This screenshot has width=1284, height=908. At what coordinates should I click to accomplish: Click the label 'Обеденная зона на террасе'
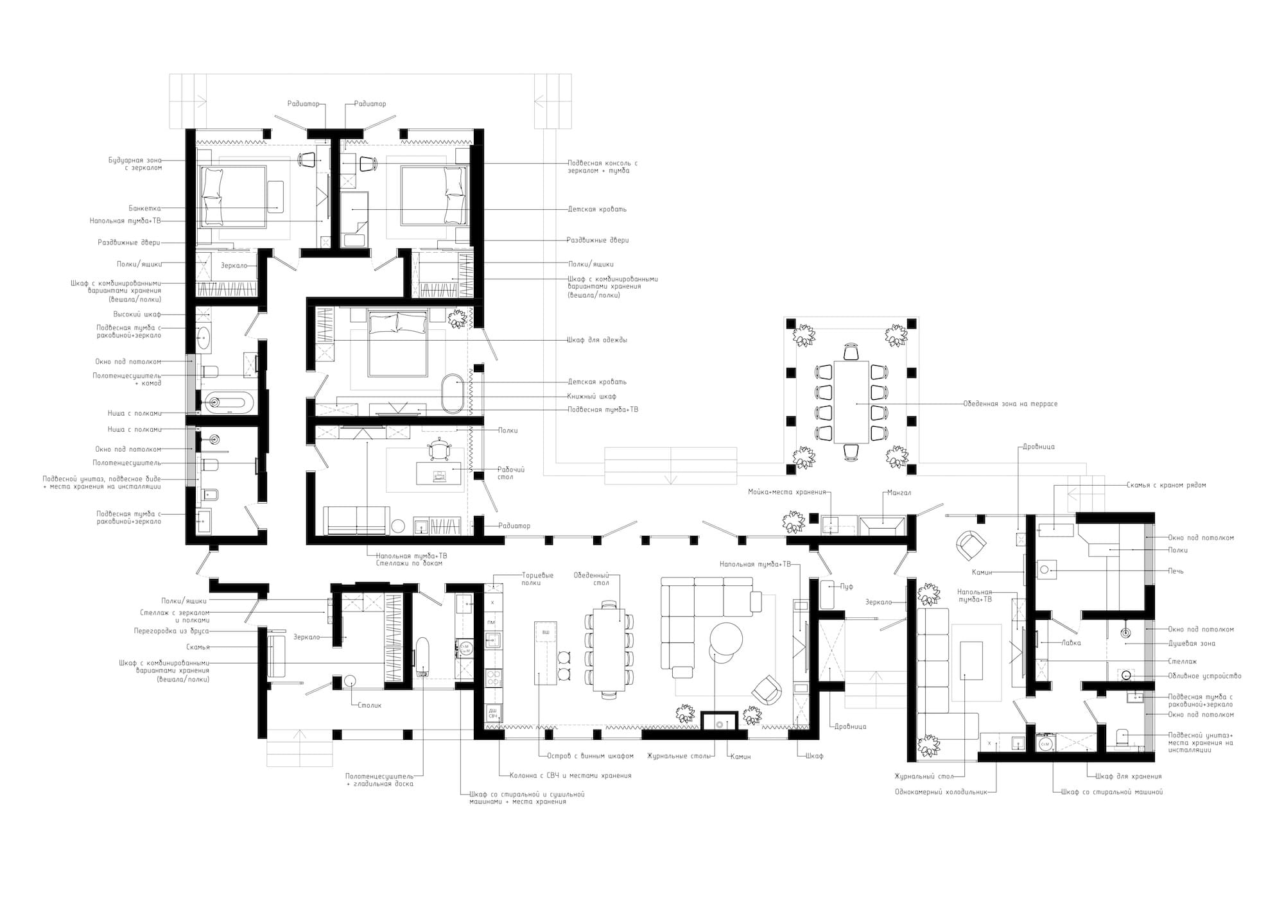point(1010,404)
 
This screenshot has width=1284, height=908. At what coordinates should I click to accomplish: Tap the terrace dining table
point(851,402)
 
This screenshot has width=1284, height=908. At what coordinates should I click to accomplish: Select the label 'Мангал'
point(899,493)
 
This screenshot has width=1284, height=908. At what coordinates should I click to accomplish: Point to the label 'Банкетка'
point(144,209)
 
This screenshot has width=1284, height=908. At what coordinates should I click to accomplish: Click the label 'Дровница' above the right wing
point(1036,447)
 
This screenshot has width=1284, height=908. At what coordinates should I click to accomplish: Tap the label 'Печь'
point(1176,571)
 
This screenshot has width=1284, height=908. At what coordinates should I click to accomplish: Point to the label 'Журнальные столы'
point(679,756)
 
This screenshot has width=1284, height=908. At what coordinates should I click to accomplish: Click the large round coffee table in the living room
point(726,638)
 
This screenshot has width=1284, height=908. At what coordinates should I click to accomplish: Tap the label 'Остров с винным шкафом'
point(591,756)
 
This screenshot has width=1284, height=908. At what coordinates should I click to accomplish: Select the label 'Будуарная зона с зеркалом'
point(135,164)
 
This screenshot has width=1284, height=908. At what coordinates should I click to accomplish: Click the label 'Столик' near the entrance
point(370,705)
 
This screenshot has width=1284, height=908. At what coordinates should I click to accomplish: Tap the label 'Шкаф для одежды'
point(597,340)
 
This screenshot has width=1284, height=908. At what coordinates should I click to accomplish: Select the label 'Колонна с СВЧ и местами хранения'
point(570,775)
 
